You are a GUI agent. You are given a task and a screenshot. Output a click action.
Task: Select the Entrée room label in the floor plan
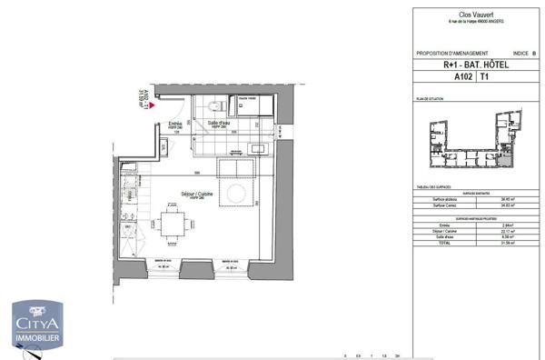point(175,124)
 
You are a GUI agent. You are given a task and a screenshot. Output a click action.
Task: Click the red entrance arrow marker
point(152,105)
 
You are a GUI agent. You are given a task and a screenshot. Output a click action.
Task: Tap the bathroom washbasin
point(256,147)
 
